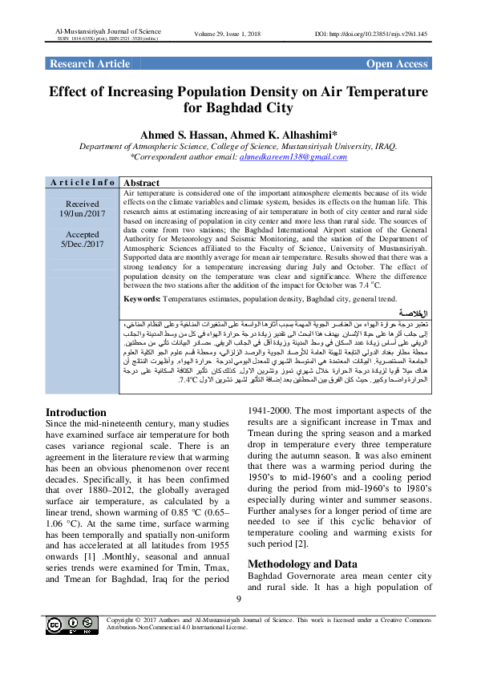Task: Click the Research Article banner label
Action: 89,64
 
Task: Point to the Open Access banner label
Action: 397,64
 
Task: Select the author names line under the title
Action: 238,134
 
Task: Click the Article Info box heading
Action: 82,183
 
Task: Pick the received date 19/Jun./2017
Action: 82,214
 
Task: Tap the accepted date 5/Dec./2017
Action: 82,244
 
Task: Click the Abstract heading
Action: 144,183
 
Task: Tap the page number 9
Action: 238,599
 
